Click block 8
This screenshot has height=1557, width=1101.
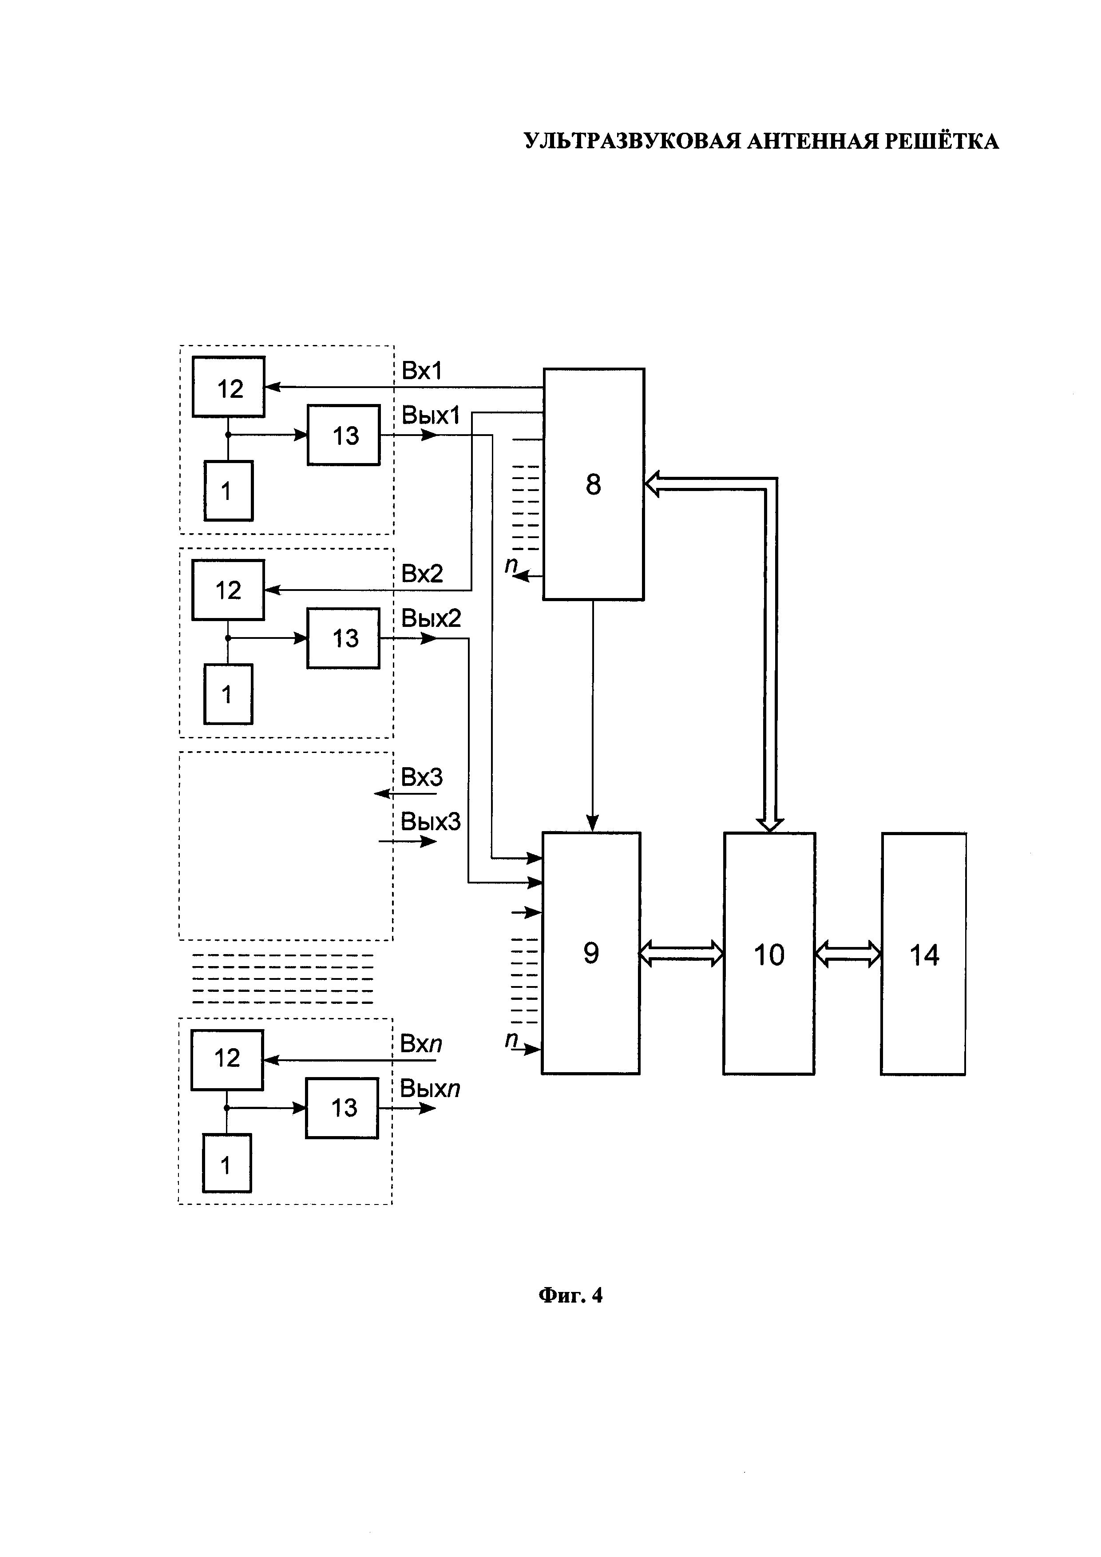tap(593, 484)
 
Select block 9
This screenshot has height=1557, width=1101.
tap(590, 953)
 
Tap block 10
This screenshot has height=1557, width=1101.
tap(769, 953)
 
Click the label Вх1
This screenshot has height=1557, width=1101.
tap(422, 371)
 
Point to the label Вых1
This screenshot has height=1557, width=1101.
tap(431, 415)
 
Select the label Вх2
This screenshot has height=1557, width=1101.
tap(422, 574)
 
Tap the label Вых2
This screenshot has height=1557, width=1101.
tap(431, 618)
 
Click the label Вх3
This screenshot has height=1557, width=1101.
tap(422, 777)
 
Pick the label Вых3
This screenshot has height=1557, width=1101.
tap(431, 822)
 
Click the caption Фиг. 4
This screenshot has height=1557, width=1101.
tap(570, 1296)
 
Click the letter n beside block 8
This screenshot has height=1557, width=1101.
tap(511, 564)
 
